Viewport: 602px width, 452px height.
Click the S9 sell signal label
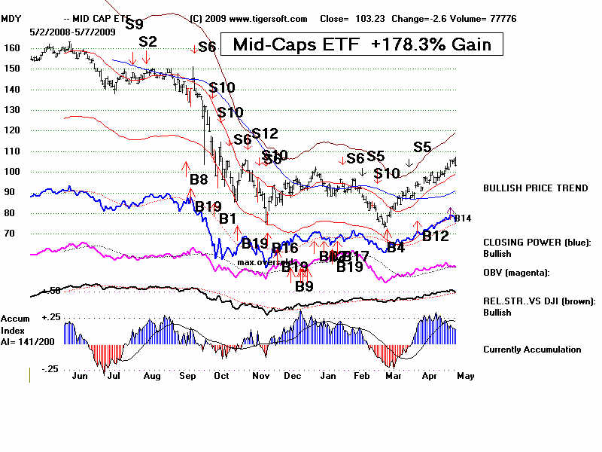pyautogui.click(x=134, y=23)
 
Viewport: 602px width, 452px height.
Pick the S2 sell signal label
pyautogui.click(x=147, y=41)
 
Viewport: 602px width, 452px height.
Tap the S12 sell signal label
pyautogui.click(x=264, y=133)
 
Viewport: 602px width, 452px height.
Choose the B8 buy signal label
pyautogui.click(x=198, y=179)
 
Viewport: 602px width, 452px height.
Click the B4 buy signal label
pyautogui.click(x=396, y=247)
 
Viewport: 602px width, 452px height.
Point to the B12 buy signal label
pyautogui.click(x=436, y=236)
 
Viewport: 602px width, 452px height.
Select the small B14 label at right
pyautogui.click(x=463, y=218)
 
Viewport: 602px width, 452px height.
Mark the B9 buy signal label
pyautogui.click(x=304, y=286)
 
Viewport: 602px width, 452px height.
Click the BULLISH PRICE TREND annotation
pyautogui.click(x=535, y=188)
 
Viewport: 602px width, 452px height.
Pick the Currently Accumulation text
pyautogui.click(x=532, y=349)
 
